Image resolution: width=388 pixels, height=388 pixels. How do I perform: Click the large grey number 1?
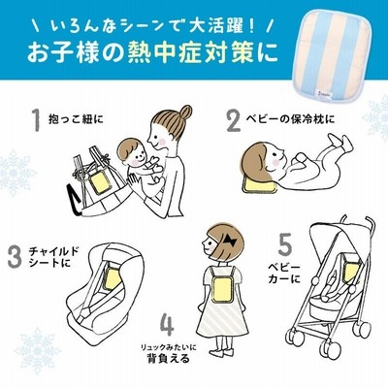37,120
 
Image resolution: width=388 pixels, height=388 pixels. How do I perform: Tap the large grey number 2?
234,120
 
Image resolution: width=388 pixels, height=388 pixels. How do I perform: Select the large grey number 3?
15,257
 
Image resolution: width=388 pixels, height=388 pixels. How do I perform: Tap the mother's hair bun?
185,112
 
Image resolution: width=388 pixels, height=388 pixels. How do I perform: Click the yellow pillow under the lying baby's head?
260,186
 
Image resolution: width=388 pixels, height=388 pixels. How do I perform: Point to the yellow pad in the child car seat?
113,279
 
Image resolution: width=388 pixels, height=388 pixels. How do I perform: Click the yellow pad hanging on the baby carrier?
101,182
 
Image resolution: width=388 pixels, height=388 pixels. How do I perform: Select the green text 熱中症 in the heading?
167,51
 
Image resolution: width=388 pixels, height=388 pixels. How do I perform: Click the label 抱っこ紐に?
76,119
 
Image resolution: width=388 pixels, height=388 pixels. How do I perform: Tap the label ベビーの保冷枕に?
289,119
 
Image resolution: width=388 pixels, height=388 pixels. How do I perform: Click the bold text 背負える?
168,359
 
